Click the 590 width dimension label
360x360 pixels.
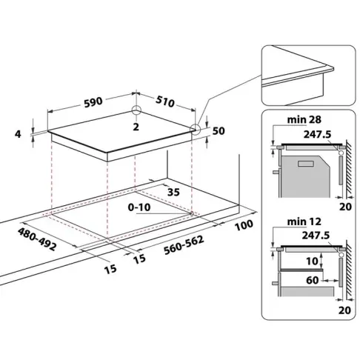[x=93, y=102]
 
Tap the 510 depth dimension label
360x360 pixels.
[x=165, y=101]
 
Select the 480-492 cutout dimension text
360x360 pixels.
[x=37, y=239]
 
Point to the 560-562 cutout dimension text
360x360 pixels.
[x=184, y=245]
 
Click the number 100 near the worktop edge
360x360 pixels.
[x=244, y=225]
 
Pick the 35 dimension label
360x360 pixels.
[x=173, y=192]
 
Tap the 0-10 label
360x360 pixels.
[x=139, y=207]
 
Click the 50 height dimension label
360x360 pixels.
[x=219, y=131]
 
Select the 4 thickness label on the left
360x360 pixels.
[x=18, y=134]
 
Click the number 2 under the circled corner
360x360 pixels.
[x=136, y=127]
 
